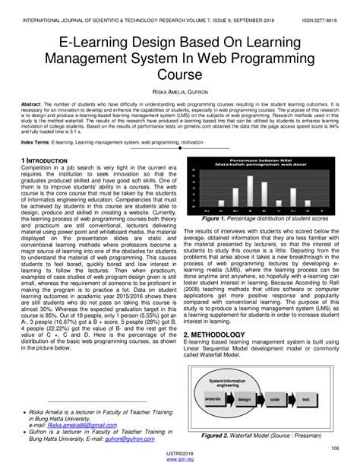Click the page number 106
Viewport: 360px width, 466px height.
(334, 449)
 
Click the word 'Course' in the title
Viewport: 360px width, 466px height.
(180, 74)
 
